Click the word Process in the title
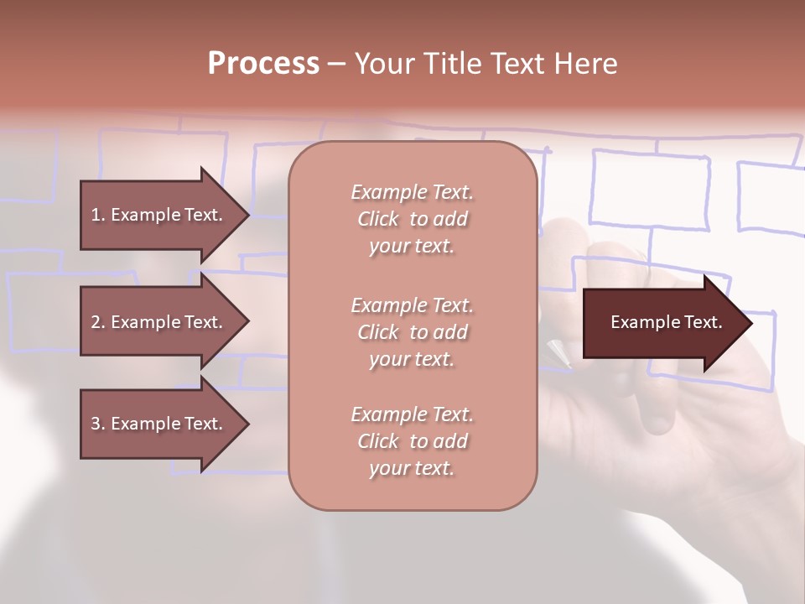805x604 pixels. [x=263, y=64]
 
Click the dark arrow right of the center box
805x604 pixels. [x=662, y=323]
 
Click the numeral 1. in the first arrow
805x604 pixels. [x=97, y=215]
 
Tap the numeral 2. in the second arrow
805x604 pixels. [x=97, y=322]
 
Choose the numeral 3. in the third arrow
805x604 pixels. [x=97, y=424]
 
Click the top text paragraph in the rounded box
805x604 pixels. [x=413, y=219]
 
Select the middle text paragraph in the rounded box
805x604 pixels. [x=413, y=331]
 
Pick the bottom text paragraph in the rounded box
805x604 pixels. [x=413, y=441]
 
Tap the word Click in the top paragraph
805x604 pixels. [x=378, y=219]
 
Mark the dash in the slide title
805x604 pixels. [x=336, y=65]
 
